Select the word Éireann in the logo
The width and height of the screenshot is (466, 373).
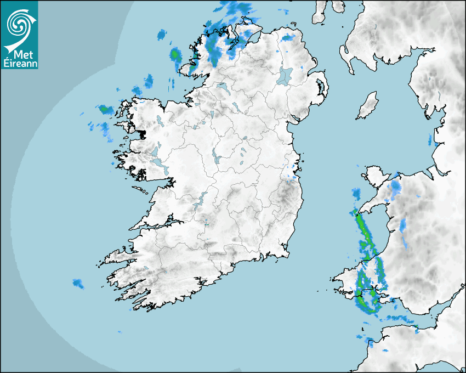pyautogui.click(x=19, y=63)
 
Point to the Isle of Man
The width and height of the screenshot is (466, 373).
pyautogui.click(x=367, y=105)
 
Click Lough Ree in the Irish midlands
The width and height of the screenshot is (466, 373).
pyautogui.click(x=217, y=159)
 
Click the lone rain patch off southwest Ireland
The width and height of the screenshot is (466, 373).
pyautogui.click(x=78, y=284)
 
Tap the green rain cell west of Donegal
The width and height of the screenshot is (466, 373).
pyautogui.click(x=175, y=55)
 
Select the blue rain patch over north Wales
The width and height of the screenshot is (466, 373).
pyautogui.click(x=395, y=189)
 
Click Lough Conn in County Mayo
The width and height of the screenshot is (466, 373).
pyautogui.click(x=159, y=121)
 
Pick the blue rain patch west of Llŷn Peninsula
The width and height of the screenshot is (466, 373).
pyautogui.click(x=356, y=194)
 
